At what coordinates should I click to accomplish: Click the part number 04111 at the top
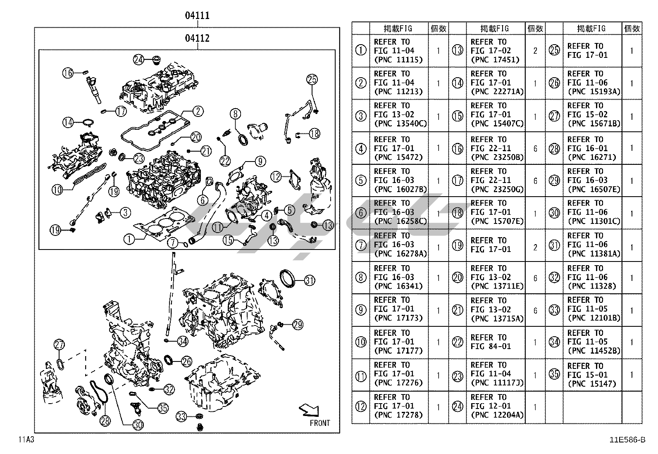197,16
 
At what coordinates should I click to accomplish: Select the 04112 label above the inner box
197,38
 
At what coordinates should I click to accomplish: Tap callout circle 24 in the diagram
138,59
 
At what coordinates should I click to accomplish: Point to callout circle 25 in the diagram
312,79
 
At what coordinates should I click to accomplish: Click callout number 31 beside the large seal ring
310,281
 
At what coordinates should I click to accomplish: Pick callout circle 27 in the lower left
60,345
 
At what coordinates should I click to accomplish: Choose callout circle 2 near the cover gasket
198,111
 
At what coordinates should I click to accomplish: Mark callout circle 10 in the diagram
57,190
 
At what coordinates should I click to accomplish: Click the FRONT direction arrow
309,410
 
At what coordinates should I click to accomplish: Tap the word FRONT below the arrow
320,423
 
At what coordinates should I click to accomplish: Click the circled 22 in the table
458,342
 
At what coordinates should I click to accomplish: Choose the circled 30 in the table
554,213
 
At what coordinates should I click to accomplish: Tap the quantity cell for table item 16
535,148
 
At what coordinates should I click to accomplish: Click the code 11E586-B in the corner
627,440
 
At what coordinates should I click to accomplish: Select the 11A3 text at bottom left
26,439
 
